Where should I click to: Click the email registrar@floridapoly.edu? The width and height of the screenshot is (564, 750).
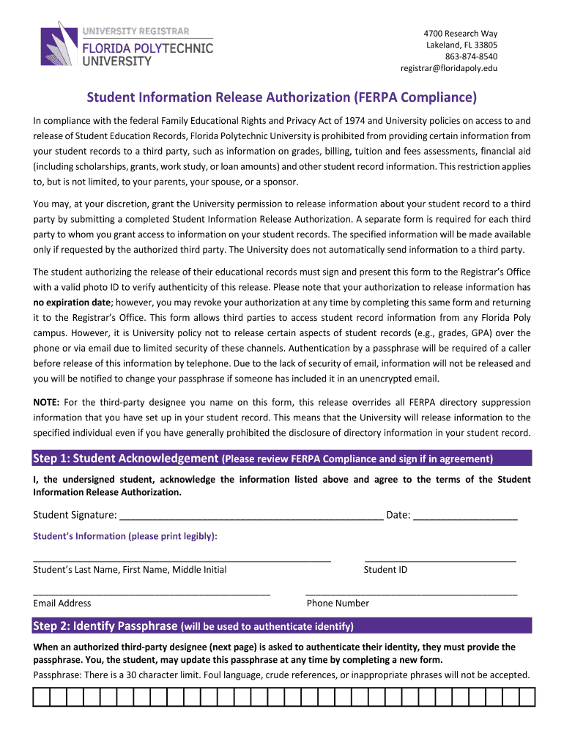click(448, 68)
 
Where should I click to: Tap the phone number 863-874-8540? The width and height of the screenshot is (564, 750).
click(471, 56)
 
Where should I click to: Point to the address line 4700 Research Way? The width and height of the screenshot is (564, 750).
click(461, 34)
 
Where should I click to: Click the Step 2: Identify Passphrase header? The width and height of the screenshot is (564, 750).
click(105, 625)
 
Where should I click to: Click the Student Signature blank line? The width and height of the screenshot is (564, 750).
click(251, 516)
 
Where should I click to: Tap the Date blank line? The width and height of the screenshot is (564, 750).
click(465, 516)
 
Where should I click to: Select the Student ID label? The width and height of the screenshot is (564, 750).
click(385, 570)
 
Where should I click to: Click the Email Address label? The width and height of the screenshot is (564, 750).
click(62, 603)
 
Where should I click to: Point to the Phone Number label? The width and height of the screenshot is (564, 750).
click(338, 603)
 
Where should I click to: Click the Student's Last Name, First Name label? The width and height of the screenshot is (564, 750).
click(130, 570)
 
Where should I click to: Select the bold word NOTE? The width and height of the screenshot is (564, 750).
click(47, 402)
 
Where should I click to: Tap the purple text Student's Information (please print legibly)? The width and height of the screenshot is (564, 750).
click(125, 536)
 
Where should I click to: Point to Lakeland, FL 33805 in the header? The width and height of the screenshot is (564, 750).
click(461, 45)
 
